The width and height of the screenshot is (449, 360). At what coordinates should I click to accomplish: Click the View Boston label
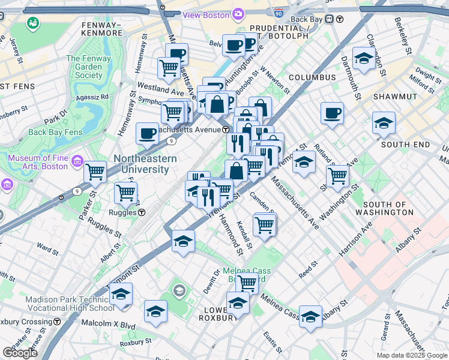[x=207, y=14]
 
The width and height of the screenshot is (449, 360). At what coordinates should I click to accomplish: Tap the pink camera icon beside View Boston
[x=238, y=14]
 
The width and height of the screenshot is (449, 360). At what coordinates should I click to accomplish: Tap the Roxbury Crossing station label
[x=25, y=322]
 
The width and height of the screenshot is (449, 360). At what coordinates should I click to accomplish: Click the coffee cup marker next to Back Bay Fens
[x=147, y=134]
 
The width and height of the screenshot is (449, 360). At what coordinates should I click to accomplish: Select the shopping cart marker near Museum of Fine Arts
[x=95, y=172]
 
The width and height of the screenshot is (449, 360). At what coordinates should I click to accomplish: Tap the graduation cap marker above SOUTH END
[x=384, y=123]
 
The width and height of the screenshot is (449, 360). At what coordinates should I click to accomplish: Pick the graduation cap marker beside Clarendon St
[x=364, y=58]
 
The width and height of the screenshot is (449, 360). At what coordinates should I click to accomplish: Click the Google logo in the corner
[x=20, y=353]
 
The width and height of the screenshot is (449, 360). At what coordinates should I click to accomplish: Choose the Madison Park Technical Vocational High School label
[x=70, y=304]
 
